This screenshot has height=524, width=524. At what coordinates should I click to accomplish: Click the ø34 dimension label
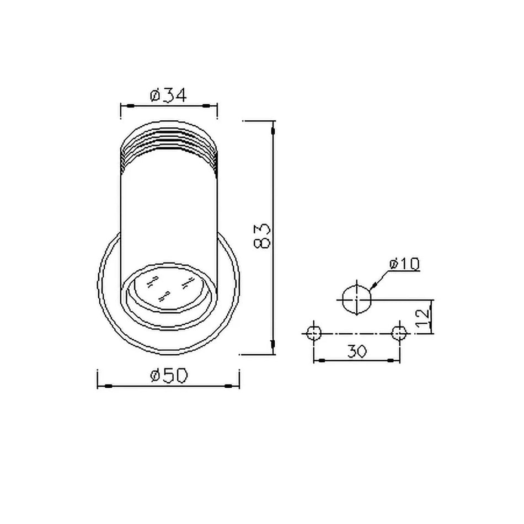point(168,95)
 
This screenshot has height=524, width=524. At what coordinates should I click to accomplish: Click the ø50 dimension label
point(168,376)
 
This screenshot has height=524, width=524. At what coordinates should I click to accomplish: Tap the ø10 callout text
point(404,264)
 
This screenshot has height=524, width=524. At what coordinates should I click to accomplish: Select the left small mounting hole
point(314,333)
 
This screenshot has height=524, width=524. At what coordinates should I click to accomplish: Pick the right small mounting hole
point(399,333)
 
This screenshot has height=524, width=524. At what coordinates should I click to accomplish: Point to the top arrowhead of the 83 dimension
point(274,131)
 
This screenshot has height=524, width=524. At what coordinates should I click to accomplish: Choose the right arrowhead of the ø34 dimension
point(210,105)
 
